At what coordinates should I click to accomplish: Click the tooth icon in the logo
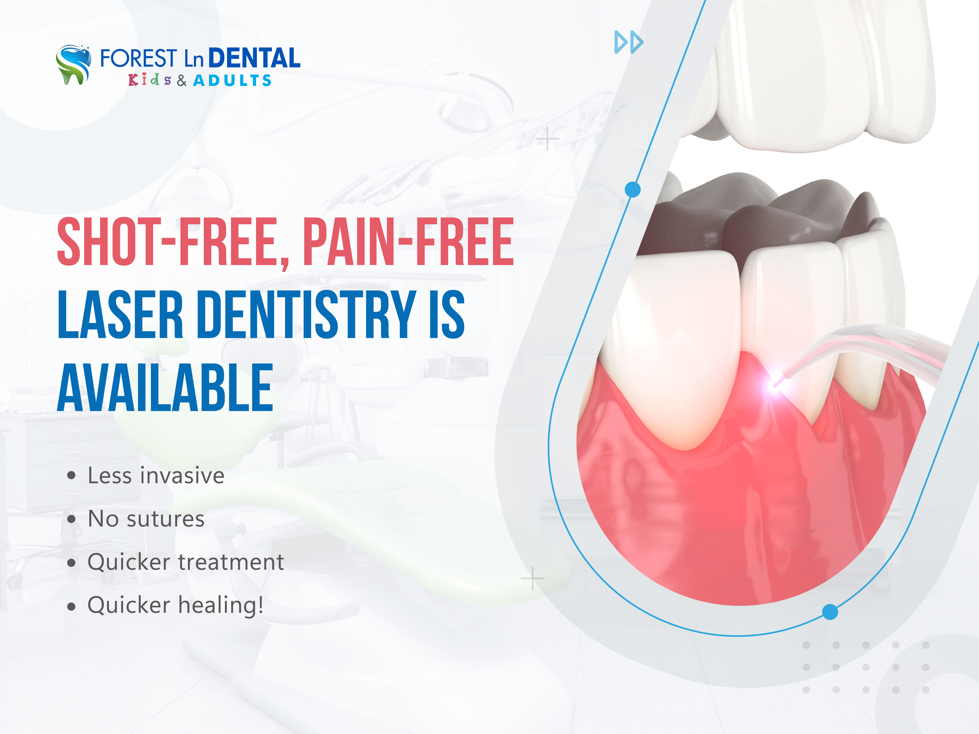click(73, 64)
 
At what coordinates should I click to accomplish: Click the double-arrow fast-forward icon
click(629, 42)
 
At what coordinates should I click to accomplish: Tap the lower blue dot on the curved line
click(830, 612)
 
